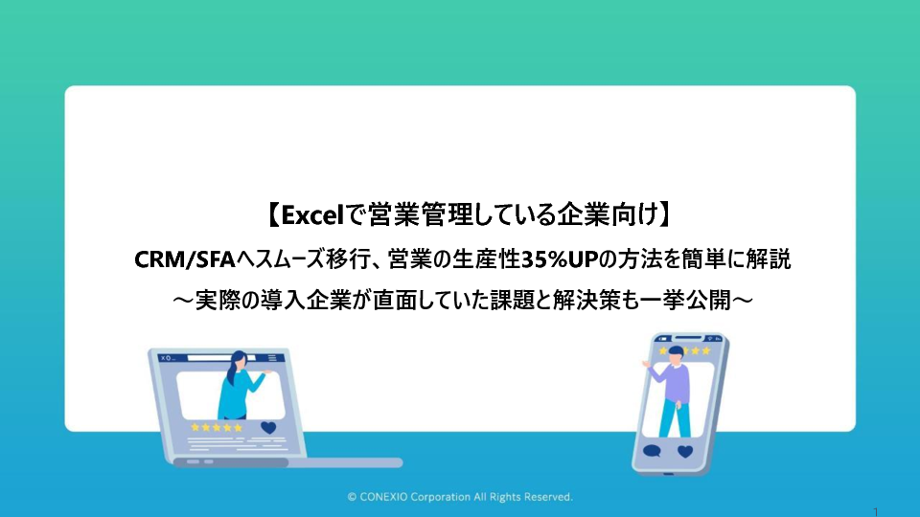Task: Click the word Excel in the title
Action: coord(311,215)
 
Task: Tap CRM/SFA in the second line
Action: coord(185,259)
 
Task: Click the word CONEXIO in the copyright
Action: coord(383,497)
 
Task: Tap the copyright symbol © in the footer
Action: coord(352,497)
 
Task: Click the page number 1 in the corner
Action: coord(875,511)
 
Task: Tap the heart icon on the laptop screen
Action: coord(268,427)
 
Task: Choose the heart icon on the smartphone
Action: coord(684,451)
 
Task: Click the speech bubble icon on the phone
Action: coord(652,451)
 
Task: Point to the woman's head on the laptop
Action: coord(239,359)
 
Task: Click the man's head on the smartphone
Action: coord(676,353)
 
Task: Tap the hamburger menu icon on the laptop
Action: coord(271,357)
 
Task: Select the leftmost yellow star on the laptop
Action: coord(195,427)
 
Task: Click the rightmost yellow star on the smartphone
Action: coord(706,350)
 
